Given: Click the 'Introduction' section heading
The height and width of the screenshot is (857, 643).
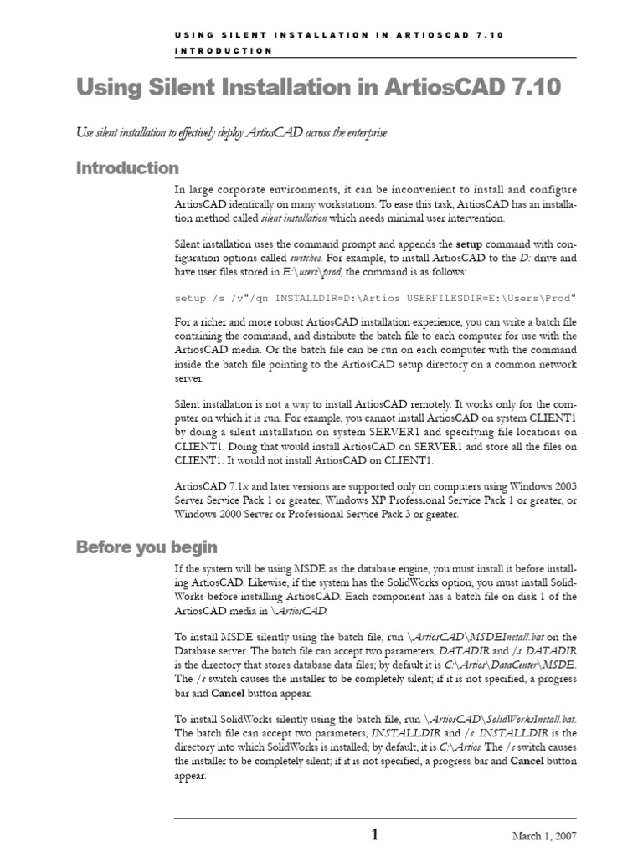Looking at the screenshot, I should click(127, 167).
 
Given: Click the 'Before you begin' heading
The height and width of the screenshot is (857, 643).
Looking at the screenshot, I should click(147, 547).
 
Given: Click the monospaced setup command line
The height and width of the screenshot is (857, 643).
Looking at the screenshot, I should click(364, 297).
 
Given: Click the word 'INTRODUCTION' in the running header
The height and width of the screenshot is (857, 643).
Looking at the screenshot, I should click(224, 51).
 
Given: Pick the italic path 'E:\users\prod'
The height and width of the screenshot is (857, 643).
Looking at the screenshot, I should click(311, 272).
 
